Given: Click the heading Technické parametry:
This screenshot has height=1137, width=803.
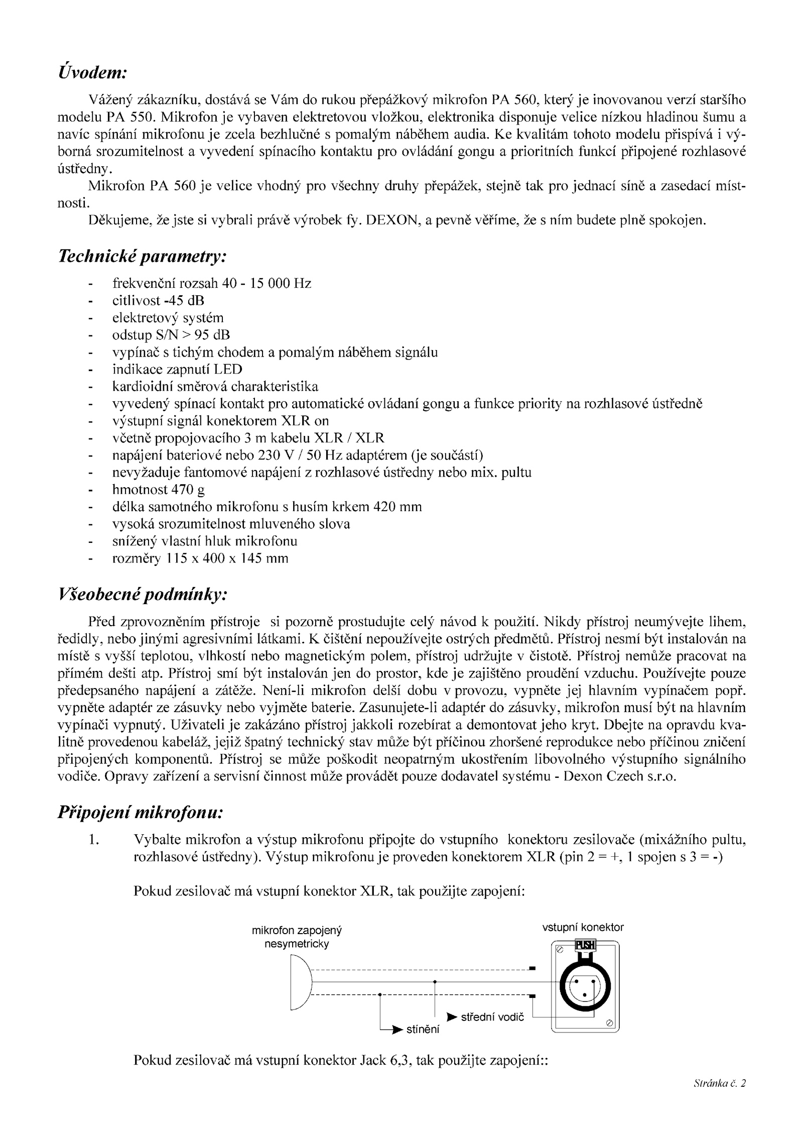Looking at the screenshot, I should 143,257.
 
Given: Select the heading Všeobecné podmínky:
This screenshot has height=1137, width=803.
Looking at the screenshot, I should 143,596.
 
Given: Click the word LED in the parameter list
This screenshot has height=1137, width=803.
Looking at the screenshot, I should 228,370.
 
